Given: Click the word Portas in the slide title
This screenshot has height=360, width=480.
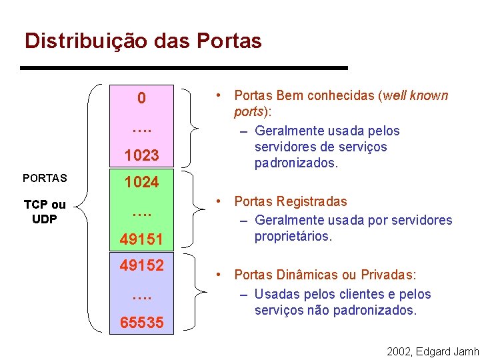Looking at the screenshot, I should [x=229, y=41].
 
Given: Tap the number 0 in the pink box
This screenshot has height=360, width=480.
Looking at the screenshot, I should [x=141, y=99].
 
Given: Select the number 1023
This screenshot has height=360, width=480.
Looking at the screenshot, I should [x=141, y=155].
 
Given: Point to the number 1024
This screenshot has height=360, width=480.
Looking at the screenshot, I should [x=141, y=182].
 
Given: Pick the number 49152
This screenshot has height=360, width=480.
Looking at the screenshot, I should [x=141, y=265].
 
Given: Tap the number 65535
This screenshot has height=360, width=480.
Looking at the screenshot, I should [x=141, y=323].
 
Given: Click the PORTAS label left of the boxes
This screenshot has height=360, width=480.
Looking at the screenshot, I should [x=44, y=179].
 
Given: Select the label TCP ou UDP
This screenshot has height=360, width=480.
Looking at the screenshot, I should [x=45, y=212].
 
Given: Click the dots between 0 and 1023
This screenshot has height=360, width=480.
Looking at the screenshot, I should [x=141, y=126].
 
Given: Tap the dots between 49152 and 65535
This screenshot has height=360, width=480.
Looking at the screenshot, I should [x=141, y=294].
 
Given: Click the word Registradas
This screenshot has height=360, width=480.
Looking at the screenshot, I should [x=312, y=201].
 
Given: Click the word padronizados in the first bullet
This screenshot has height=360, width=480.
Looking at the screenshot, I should [x=294, y=163].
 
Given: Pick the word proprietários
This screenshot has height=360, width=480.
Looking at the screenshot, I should [x=293, y=236].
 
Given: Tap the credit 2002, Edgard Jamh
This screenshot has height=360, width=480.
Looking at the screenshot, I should [x=432, y=351].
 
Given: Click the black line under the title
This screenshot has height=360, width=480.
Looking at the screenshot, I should [x=184, y=68].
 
